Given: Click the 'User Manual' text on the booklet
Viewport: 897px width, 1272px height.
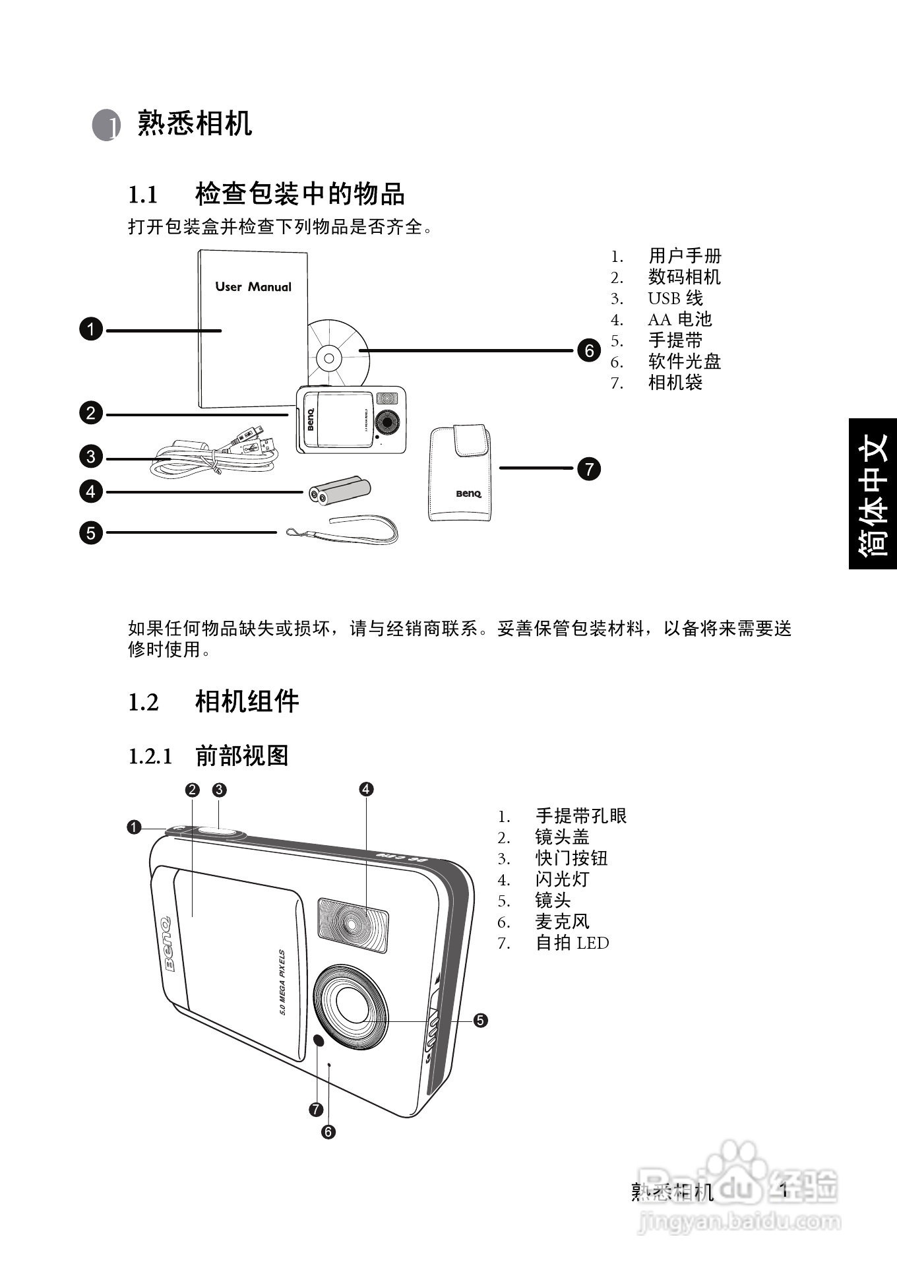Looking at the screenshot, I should (253, 287).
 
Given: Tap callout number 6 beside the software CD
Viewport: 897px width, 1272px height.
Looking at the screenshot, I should (589, 350).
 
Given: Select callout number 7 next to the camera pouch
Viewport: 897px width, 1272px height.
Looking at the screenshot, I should (589, 469).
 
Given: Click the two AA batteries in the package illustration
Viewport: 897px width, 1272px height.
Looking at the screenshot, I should (340, 491).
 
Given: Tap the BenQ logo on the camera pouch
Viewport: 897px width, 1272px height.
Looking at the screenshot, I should (468, 493).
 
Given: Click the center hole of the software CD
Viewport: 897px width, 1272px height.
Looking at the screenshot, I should (329, 358).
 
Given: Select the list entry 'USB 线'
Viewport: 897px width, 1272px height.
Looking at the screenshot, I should (675, 298).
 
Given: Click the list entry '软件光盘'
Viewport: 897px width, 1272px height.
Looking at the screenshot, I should (685, 362).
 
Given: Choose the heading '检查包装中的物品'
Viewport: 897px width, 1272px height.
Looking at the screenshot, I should (299, 194).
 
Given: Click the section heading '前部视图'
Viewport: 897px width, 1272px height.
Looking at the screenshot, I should (242, 755).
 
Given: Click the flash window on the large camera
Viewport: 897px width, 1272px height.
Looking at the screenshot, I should (353, 924).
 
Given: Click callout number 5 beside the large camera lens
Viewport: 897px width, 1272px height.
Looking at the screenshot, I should (480, 1020).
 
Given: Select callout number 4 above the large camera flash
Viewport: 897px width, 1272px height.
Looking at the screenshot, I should (366, 789).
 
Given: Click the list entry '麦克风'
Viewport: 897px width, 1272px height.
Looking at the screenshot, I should (562, 922).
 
